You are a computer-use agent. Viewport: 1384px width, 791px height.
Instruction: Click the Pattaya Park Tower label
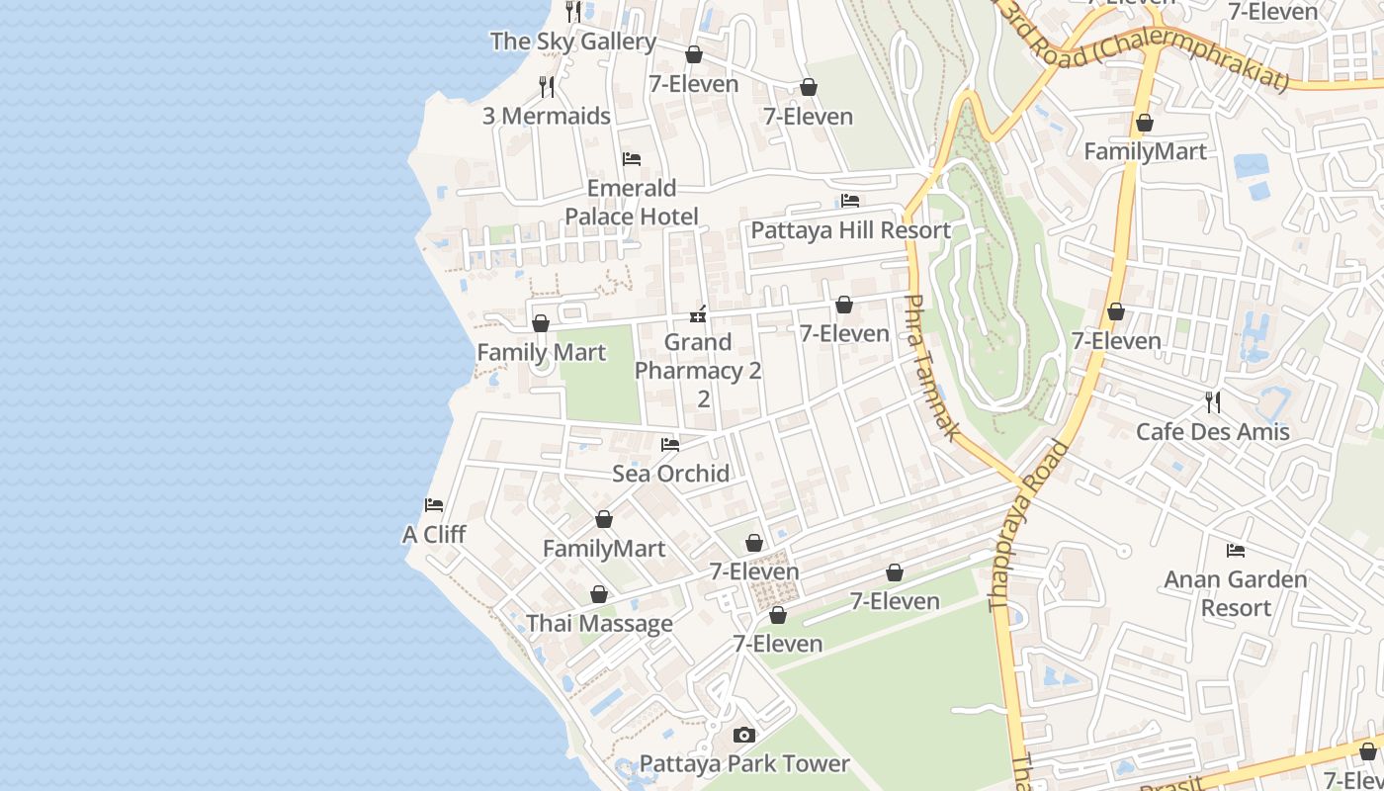coord(743,763)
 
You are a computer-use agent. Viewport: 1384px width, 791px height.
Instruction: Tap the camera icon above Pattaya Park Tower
coord(744,735)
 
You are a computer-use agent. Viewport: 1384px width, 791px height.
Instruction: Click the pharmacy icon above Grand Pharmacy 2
coord(699,314)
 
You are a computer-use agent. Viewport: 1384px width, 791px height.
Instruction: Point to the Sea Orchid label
coord(670,474)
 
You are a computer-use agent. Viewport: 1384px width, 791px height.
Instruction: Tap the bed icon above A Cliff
coord(434,505)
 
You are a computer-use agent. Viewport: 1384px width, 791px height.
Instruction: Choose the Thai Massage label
coord(599,624)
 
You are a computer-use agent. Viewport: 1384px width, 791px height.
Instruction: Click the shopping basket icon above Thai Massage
coord(598,594)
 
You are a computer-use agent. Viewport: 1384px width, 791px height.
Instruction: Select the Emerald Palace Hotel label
coord(631,202)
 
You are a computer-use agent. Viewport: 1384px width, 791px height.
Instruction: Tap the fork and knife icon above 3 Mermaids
coord(547,87)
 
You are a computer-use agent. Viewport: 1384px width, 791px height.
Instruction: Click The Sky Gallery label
coord(572,42)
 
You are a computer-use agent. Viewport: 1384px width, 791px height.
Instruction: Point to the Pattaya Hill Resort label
coord(850,230)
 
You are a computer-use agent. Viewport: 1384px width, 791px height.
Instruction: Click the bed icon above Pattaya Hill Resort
coord(850,201)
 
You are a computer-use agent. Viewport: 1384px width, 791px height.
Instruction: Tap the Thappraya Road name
coord(1027,524)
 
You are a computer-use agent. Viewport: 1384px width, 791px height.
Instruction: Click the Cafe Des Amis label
coord(1212,432)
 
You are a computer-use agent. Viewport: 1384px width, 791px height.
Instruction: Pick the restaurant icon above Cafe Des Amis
coord(1213,402)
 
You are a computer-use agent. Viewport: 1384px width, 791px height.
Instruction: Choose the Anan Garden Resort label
coord(1235,593)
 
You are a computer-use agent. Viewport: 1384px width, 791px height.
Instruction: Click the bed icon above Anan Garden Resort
coord(1235,550)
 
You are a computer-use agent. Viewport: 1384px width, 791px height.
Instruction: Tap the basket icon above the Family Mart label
coord(541,323)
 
